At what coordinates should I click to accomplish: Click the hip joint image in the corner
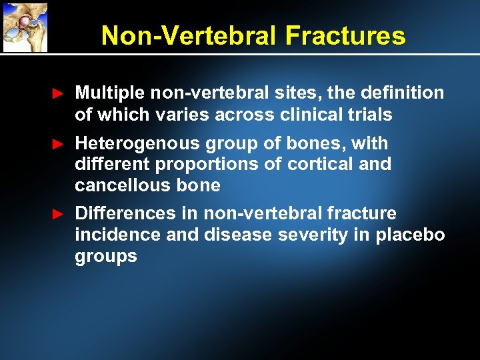coord(25,27)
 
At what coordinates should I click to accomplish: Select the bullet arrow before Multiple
coord(59,94)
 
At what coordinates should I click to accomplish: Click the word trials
coord(370,115)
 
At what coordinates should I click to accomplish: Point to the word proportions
coord(213,164)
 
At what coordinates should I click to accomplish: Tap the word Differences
coord(125,213)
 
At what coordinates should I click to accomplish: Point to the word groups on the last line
coord(106,257)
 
